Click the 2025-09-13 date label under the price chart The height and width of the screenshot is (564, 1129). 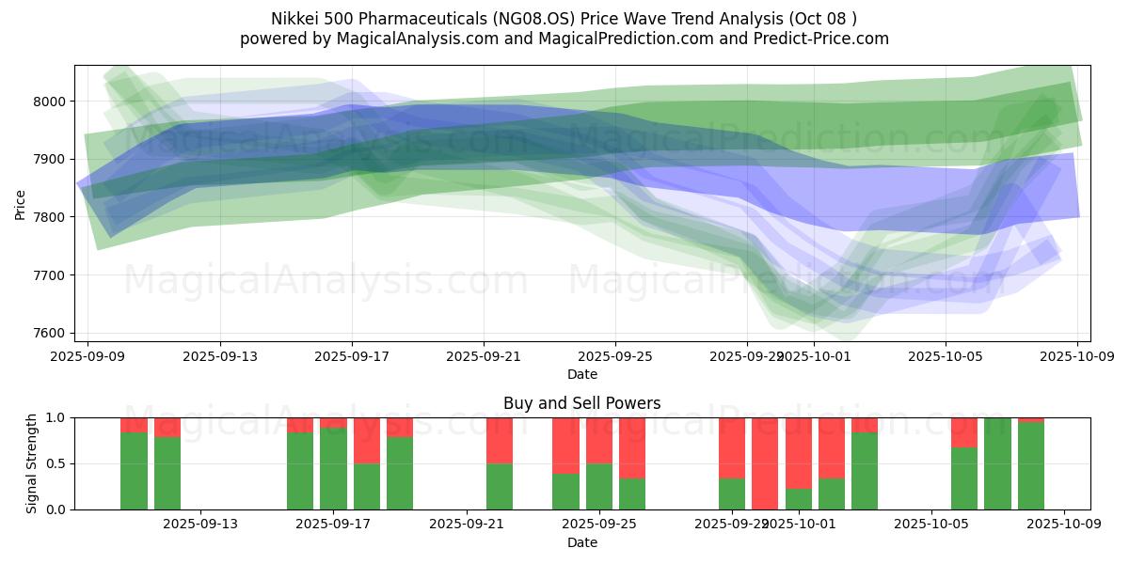click(220, 357)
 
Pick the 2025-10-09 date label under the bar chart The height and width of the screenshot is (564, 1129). click(1064, 525)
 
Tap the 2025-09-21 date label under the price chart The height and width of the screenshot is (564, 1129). click(484, 357)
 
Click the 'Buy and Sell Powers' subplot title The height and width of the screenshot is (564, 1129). click(581, 403)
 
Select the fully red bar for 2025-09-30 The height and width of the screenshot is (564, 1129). click(765, 463)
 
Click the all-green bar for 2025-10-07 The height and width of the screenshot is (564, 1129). click(997, 463)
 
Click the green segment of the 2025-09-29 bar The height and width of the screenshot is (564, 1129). click(732, 493)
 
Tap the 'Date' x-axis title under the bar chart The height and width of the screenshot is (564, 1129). click(581, 542)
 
